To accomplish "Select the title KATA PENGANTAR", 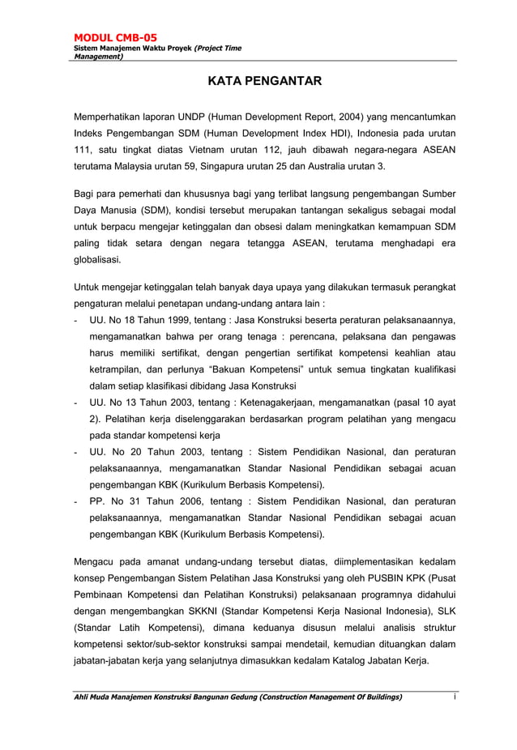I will tap(258, 81).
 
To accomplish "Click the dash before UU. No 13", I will tap(75, 403).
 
